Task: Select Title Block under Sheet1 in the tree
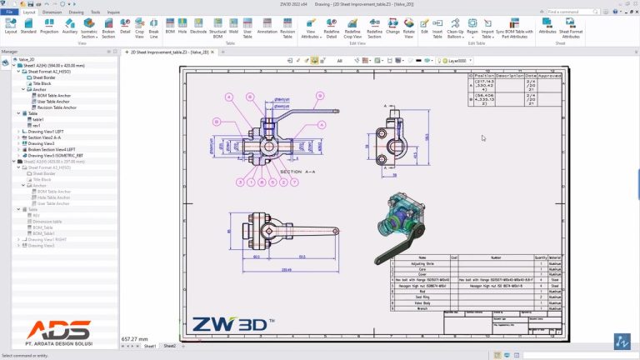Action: click(x=44, y=83)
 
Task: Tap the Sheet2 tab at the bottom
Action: click(x=169, y=345)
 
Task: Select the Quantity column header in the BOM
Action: click(x=540, y=257)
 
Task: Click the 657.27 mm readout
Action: click(x=134, y=339)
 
